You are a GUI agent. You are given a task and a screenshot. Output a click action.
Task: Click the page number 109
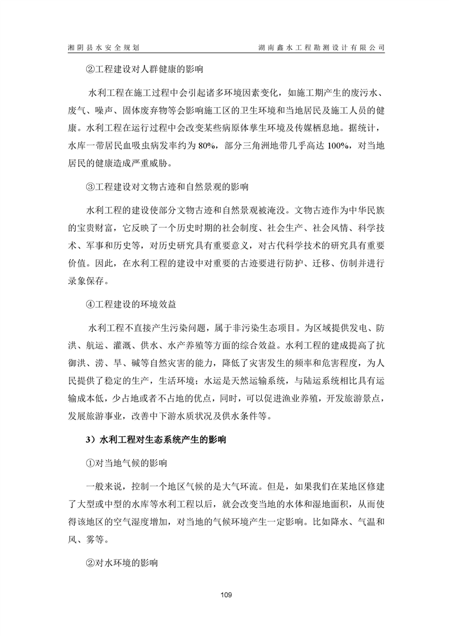coord(225,595)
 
